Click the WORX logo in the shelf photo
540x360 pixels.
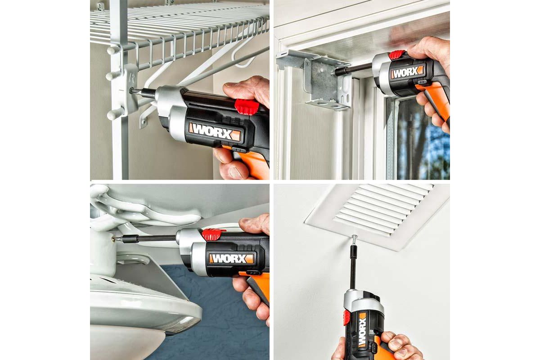pos(215,132)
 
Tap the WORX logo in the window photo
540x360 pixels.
pos(407,72)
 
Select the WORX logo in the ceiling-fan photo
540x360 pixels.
pos(231,258)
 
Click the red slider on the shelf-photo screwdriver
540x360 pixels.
pos(247,106)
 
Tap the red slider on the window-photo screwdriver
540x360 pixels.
pos(397,54)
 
